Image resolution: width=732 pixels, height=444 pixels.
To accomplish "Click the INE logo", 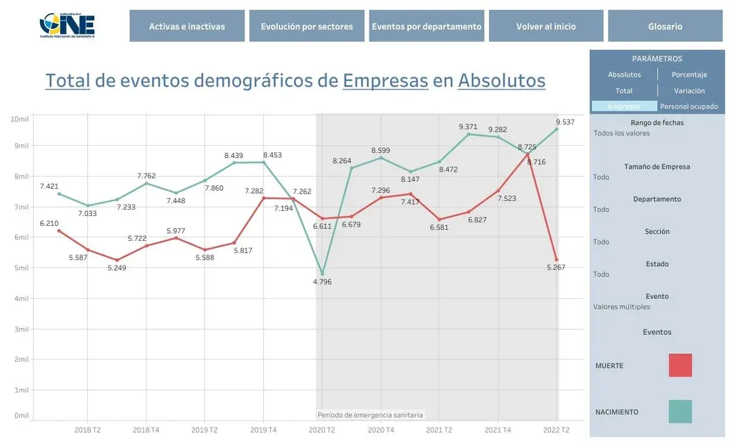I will [67, 26].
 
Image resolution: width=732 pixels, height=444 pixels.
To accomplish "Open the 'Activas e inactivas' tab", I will [187, 26].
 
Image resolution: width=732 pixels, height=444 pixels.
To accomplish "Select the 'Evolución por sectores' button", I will [307, 26].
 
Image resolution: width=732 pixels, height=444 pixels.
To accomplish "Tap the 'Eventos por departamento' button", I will [427, 26].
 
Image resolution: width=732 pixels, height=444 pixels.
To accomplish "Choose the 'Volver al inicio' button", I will [546, 26].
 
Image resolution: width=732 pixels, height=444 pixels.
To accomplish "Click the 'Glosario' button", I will [666, 26].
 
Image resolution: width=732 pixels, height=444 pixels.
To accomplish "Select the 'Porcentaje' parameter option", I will [689, 74].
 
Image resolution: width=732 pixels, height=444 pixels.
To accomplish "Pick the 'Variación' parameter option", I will [689, 91].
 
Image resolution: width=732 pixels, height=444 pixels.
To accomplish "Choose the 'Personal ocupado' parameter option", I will [689, 107].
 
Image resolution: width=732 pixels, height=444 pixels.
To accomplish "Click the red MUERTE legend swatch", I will [680, 365].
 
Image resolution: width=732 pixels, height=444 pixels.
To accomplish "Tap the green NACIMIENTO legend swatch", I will [680, 412].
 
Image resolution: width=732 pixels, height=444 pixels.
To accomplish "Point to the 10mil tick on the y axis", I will [19, 118].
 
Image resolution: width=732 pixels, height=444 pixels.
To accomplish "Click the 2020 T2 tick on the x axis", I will [322, 430].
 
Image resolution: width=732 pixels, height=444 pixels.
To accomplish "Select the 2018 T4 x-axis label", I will [146, 430].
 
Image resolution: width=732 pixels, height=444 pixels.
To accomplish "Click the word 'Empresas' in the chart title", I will [385, 81].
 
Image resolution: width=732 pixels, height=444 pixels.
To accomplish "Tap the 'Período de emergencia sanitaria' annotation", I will [370, 415].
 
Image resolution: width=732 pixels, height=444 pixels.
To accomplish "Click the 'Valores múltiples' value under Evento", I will [622, 307].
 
